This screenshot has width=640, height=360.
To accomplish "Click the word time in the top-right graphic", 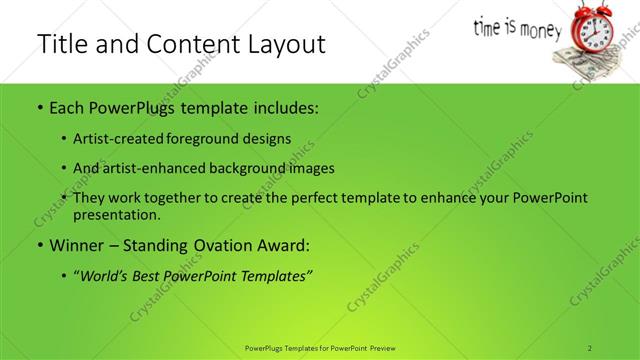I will [491, 24].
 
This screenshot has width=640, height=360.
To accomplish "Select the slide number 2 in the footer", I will [591, 348].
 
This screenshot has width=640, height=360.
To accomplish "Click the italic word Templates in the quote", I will [278, 275].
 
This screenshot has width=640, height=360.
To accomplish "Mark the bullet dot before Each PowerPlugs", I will [39, 106].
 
